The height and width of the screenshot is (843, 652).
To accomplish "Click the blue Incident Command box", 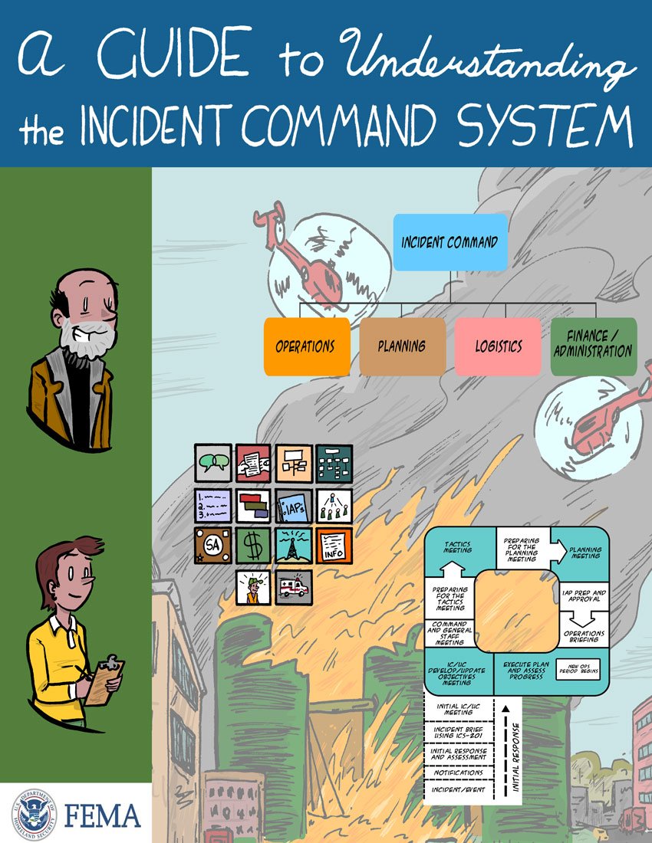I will click(x=449, y=242).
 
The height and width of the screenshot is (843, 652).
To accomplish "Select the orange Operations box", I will click(x=306, y=346).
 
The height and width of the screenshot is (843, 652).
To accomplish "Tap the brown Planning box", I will click(x=402, y=346).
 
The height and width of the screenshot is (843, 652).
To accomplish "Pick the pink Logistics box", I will click(x=498, y=346).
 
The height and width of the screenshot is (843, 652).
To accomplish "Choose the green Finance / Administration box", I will click(x=593, y=346).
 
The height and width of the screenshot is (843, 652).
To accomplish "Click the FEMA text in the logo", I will click(x=101, y=815).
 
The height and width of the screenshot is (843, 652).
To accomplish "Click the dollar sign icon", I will click(x=253, y=545).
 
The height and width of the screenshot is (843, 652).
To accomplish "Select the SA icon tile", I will click(x=212, y=545).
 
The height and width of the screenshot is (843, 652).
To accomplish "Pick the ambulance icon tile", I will click(x=294, y=586).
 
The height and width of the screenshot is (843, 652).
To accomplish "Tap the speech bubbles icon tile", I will click(x=212, y=463).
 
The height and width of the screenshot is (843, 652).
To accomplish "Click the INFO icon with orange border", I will click(x=334, y=545).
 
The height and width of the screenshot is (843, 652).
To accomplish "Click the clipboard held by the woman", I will click(x=103, y=681).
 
